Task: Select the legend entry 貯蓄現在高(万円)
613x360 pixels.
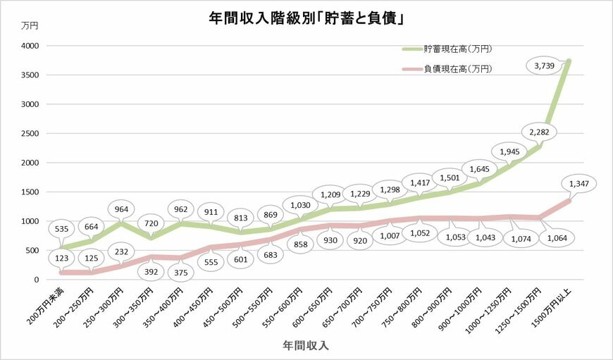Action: (x=457, y=49)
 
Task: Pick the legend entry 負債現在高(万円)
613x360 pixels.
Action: (x=457, y=69)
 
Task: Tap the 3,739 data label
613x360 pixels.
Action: (x=545, y=66)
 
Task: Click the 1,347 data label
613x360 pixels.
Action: (x=580, y=183)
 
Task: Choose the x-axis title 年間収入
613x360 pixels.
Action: (x=306, y=346)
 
